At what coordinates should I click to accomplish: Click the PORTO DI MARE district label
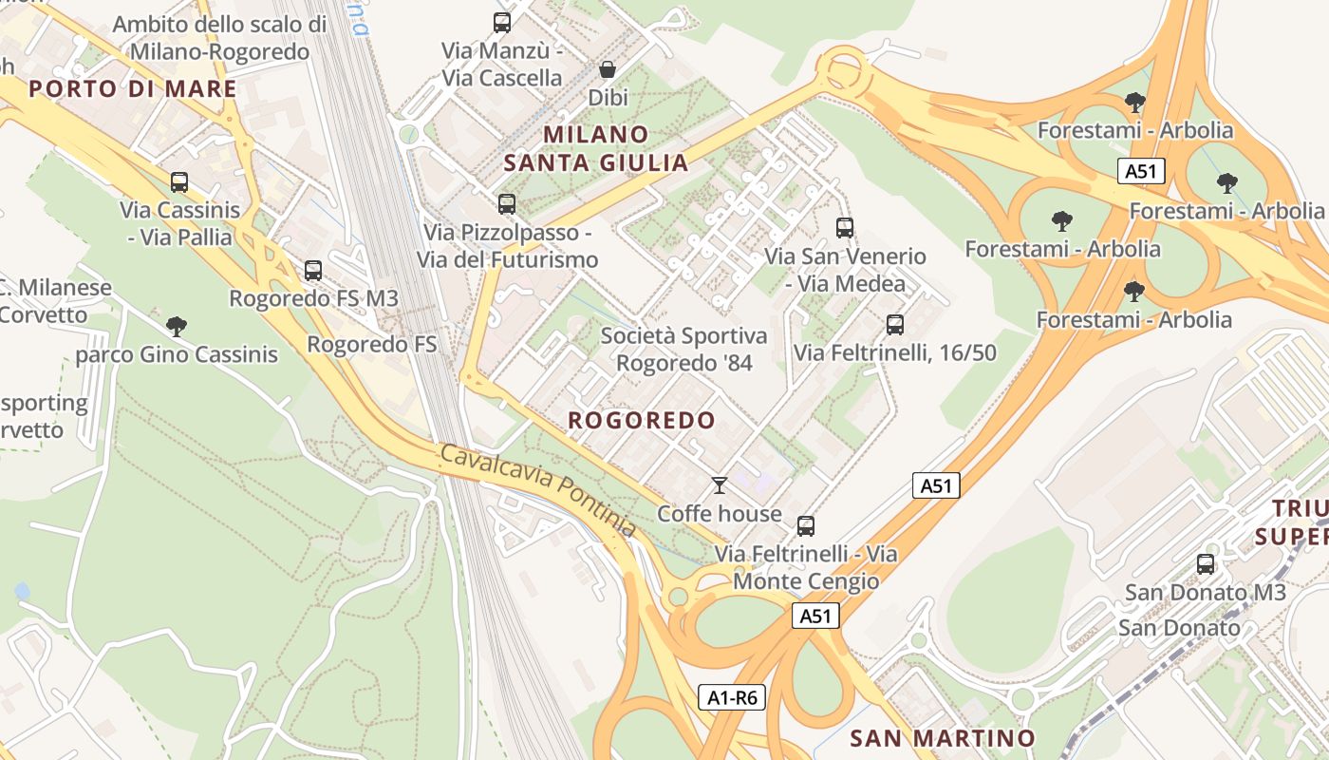tap(132, 89)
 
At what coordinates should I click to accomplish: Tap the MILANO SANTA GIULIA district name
tap(596, 148)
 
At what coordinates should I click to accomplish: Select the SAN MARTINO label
tap(942, 738)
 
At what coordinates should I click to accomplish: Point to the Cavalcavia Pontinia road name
tap(537, 490)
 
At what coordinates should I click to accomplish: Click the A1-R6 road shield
tap(733, 697)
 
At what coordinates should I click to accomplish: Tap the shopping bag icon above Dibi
tap(608, 69)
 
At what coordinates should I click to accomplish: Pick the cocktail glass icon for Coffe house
tap(720, 486)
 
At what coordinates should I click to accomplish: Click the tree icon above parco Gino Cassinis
tap(176, 327)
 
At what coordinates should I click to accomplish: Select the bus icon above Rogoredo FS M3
tap(313, 270)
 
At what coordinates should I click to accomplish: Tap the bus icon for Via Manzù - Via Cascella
tap(502, 23)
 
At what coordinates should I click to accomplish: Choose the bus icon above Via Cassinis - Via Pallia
tap(179, 182)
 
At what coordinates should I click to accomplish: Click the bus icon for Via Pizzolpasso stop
tap(507, 203)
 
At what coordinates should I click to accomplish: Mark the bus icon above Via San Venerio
tap(845, 228)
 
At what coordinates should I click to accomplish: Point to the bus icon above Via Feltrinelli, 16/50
tap(894, 325)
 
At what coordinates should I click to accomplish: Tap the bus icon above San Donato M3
tap(1206, 564)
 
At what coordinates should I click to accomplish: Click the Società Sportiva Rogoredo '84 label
tap(683, 349)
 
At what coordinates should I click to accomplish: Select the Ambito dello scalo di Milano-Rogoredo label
tap(219, 38)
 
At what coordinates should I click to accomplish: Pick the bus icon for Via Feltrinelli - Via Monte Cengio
tap(806, 525)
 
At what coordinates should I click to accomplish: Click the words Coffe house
tap(720, 514)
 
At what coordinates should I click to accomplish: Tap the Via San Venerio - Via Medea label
tap(845, 270)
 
